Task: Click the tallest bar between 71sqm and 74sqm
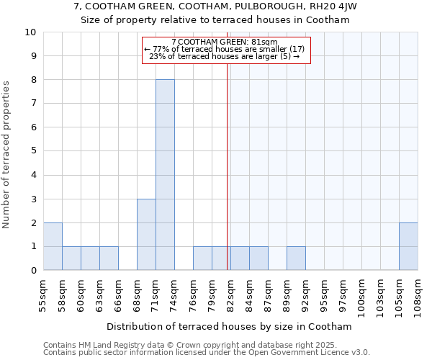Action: coord(165,175)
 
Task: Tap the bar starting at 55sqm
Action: coord(53,246)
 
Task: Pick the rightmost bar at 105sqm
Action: coord(408,246)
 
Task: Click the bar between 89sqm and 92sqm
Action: coord(296,258)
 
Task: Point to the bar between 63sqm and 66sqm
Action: coord(109,258)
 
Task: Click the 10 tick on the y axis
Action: coord(30,32)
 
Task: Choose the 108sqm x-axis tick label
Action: coord(418,295)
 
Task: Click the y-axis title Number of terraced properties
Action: coord(6,155)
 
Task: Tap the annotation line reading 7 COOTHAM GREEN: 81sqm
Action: coord(225,42)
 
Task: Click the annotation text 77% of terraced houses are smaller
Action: coord(225,49)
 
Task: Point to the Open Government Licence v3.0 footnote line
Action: coord(207,353)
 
